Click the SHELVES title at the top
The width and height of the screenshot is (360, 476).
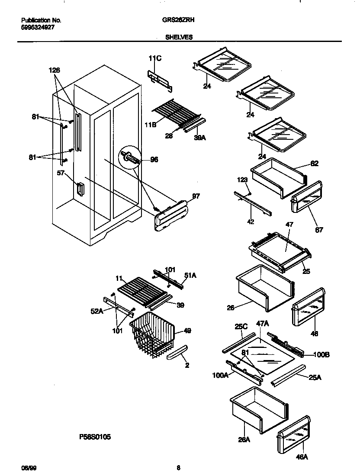click(179, 37)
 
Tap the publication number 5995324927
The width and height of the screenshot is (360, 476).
click(38, 27)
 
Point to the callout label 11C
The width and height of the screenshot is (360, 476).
click(155, 58)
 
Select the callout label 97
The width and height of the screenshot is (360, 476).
click(196, 196)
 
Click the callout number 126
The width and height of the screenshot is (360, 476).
click(54, 70)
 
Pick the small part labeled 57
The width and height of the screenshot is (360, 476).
click(79, 189)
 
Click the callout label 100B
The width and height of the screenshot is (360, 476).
click(321, 355)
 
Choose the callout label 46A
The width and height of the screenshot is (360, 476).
click(302, 457)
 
